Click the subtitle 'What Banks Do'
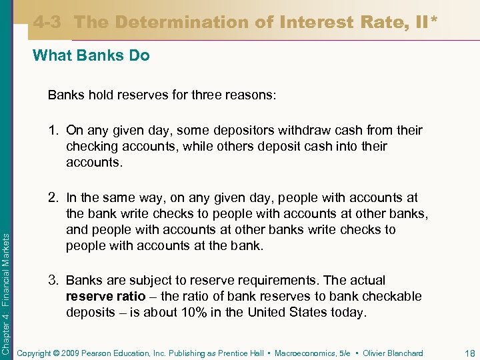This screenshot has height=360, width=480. (91, 56)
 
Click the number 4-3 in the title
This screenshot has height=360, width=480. (47, 22)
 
